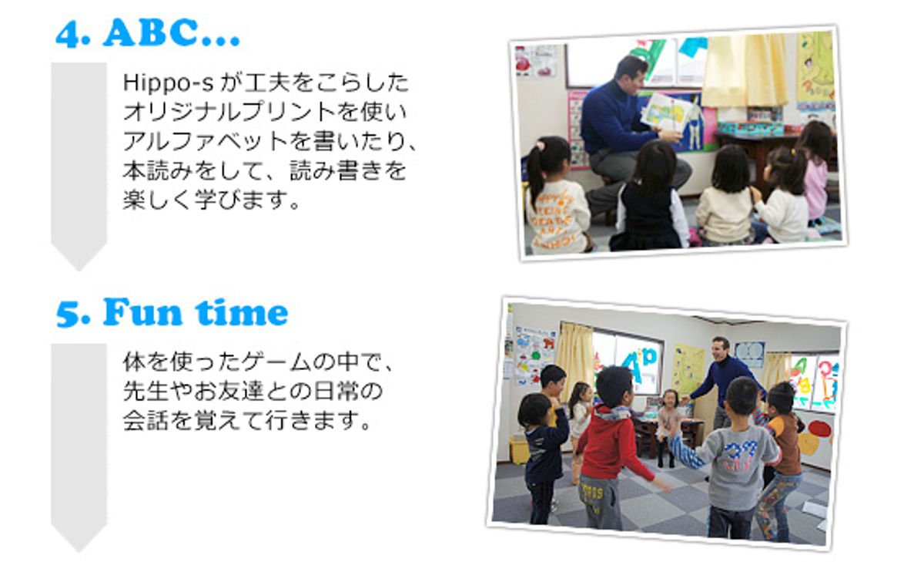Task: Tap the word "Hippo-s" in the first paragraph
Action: point(168,83)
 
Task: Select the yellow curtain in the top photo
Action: point(745,70)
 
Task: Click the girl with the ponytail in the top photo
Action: point(557,196)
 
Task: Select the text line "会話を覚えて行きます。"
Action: point(246,420)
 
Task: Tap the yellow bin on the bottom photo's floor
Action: point(519,450)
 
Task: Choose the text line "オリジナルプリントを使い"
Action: point(265,113)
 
